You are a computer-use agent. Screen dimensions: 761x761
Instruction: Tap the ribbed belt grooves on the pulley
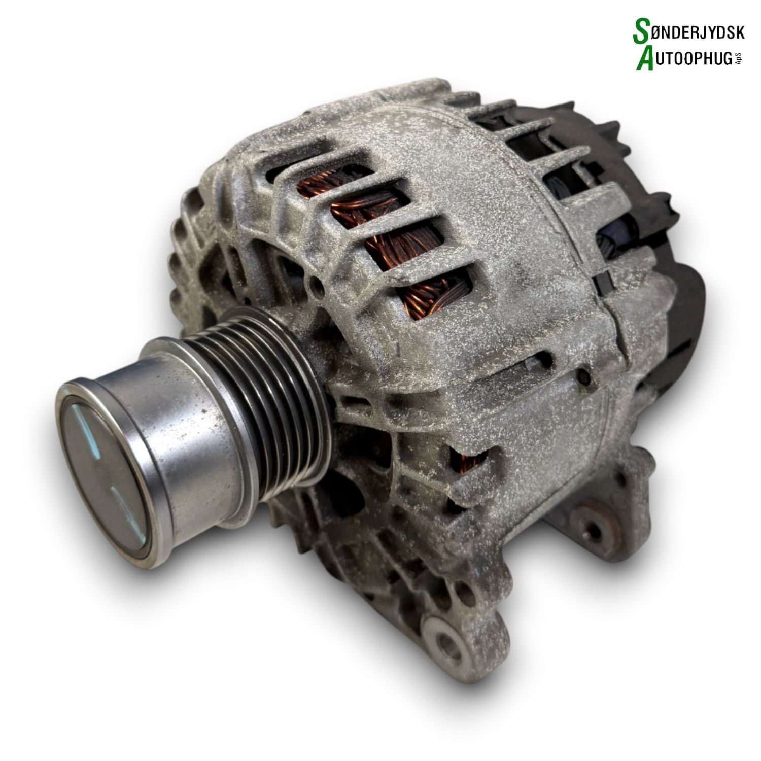click(x=244, y=406)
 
